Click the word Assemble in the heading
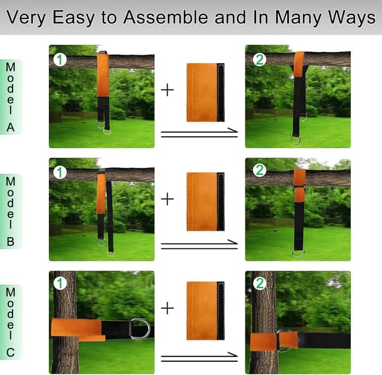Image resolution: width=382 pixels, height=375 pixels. click(166, 17)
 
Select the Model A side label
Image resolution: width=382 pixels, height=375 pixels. click(10, 97)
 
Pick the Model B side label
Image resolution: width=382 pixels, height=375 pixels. click(10, 211)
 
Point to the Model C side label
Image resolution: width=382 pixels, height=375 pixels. click(10, 322)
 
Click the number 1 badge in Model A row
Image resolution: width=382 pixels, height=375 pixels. click(60, 60)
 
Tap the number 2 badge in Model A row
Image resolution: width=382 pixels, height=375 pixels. click(260, 60)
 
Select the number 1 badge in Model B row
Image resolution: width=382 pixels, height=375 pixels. click(60, 173)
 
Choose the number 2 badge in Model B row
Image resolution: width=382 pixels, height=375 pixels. click(260, 170)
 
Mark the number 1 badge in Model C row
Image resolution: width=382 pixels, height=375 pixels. click(60, 283)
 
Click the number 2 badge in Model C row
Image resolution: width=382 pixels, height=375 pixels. click(260, 283)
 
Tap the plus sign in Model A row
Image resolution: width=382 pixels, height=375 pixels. click(167, 90)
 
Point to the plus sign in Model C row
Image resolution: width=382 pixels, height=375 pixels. click(167, 308)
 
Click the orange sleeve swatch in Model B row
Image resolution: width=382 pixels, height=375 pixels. click(205, 201)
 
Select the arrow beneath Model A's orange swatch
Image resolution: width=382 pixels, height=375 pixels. click(199, 133)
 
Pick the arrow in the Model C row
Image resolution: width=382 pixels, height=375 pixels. click(199, 357)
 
